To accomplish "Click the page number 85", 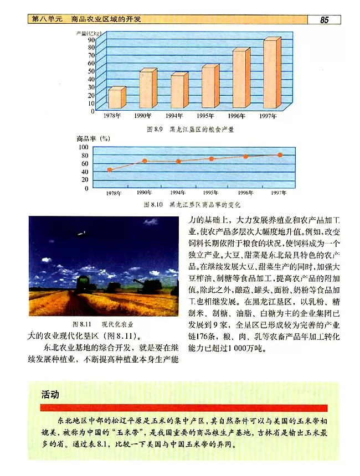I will coord(324,20).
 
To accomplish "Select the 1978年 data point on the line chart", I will coord(110,170).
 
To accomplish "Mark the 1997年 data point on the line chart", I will coord(280,155).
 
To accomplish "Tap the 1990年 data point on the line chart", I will coord(145,161).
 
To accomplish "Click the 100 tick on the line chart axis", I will coord(83,147).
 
